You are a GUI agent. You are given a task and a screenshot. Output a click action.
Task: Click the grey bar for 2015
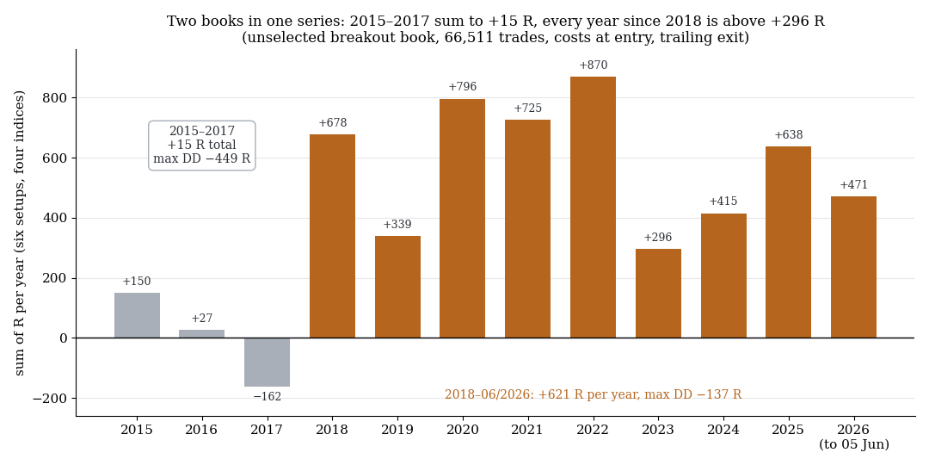137,315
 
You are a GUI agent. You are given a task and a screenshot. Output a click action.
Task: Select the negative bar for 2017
268,363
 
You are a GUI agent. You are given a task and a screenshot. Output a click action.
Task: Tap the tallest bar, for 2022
593,208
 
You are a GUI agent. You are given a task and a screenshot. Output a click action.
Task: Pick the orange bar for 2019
397,287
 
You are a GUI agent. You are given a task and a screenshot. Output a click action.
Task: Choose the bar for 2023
658,294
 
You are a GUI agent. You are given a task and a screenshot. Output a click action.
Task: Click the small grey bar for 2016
202,334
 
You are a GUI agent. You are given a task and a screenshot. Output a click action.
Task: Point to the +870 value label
593,65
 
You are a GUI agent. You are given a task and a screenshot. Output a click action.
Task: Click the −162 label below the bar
268,397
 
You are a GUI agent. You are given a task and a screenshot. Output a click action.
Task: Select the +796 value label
463,87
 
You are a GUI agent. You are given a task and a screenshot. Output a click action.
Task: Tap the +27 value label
202,319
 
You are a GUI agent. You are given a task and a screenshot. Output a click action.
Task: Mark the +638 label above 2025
789,135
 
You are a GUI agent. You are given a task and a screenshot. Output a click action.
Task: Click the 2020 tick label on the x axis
463,430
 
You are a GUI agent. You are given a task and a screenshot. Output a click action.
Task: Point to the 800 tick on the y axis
56,98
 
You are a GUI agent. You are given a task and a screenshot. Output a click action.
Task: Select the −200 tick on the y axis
51,399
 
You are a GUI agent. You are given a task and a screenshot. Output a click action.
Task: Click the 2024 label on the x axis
723,430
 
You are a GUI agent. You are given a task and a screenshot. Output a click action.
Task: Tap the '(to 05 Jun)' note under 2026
854,444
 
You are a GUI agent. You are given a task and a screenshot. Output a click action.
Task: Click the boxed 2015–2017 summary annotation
202,146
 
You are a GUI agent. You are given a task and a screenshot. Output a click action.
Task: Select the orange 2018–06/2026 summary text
593,394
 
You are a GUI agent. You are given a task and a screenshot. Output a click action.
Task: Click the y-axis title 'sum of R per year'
20,233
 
